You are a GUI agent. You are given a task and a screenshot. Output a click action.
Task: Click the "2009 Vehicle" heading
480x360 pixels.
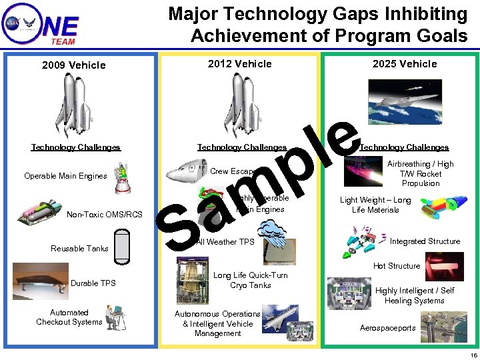(x=73, y=65)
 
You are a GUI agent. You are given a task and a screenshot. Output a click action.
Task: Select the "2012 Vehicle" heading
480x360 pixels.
(x=240, y=64)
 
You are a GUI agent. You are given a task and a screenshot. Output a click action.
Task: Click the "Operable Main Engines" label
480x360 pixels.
(x=65, y=176)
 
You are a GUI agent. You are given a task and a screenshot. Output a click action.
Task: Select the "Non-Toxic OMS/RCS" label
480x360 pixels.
(x=105, y=214)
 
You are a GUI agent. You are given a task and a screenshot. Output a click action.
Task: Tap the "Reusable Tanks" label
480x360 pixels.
(x=79, y=249)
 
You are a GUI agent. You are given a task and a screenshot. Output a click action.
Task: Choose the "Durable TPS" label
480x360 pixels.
(x=93, y=283)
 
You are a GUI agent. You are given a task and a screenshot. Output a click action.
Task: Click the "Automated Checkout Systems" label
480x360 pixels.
(x=69, y=317)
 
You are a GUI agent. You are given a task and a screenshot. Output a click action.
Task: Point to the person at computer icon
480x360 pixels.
(x=115, y=317)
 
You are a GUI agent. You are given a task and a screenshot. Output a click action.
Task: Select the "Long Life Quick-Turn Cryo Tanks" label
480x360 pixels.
(x=250, y=280)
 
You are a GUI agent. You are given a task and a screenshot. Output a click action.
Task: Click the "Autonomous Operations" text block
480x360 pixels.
(x=217, y=323)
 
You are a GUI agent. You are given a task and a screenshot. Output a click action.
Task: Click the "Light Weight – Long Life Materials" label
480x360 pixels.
(x=375, y=205)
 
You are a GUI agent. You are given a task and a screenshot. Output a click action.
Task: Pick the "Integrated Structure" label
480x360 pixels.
(x=425, y=241)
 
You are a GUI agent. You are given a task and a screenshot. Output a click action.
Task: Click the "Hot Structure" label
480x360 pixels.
(x=397, y=266)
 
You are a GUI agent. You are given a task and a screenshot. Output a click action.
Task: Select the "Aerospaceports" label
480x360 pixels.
(x=387, y=328)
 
